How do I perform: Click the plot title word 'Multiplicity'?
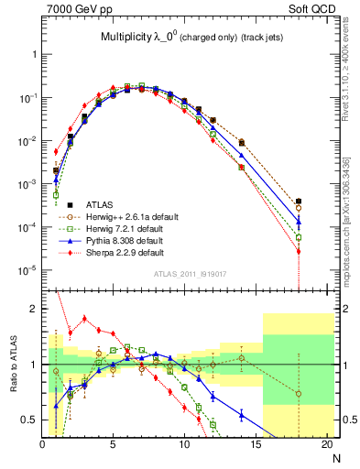pyautogui.click(x=131, y=37)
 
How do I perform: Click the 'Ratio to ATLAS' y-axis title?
pyautogui.click(x=12, y=364)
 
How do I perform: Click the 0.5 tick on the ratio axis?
pyautogui.click(x=30, y=420)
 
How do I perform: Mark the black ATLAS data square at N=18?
pyautogui.click(x=300, y=202)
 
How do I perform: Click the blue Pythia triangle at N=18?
pyautogui.click(x=300, y=221)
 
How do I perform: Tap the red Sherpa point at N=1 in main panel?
pyautogui.click(x=56, y=152)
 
